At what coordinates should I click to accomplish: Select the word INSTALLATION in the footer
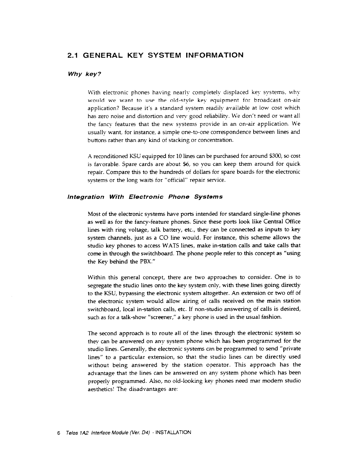coord(173,433)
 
